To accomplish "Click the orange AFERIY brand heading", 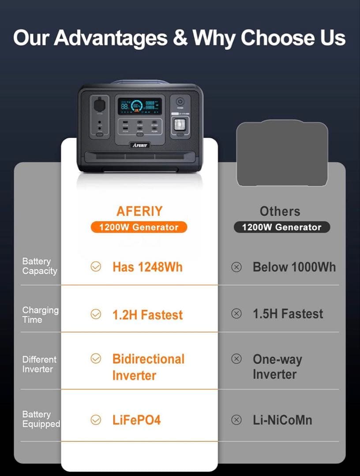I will point(139,211).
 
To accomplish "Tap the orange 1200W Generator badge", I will point(139,227).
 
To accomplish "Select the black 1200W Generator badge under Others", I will point(282,227).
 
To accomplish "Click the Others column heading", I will point(280,211).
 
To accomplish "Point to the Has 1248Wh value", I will point(147,267).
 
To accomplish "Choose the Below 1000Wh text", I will point(294,267).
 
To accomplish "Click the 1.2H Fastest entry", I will point(147,315).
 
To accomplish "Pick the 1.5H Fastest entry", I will point(288,314).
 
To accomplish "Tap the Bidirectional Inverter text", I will point(148,367).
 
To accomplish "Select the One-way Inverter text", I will point(277,367).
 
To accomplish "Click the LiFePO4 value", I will point(136,420).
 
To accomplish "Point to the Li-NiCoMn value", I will point(282,420).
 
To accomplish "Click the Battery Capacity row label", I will point(39,266).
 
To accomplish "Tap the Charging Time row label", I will point(40,315).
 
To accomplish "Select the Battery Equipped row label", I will point(41,419).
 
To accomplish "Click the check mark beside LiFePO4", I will point(96,420).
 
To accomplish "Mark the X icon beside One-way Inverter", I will point(236,358).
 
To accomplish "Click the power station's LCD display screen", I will point(139,106).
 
